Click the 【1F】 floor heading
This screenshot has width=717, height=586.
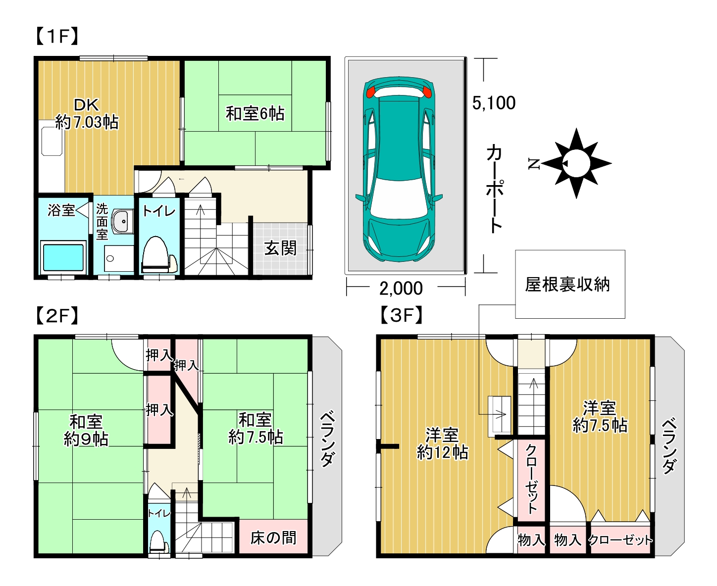point(57,36)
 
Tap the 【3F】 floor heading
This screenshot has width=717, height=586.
point(402,315)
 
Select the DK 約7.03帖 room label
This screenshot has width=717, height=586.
point(87,113)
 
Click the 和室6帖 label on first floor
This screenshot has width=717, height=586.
point(255,113)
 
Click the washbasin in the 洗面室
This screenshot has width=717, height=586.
point(121,221)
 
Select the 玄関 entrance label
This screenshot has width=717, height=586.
point(280,248)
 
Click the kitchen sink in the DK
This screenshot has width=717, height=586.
point(51,141)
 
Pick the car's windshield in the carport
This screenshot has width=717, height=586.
point(399,198)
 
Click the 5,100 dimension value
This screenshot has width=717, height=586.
point(494,103)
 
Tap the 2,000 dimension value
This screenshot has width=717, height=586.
point(401,288)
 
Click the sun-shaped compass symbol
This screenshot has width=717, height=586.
point(576,163)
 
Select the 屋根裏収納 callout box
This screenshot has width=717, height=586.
point(570,284)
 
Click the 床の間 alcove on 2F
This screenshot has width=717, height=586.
point(273,537)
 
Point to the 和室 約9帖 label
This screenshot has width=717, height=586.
point(86,430)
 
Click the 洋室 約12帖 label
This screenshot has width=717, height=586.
point(442,443)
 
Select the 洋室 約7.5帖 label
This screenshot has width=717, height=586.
point(600,417)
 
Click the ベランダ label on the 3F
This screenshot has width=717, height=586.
point(669,445)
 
